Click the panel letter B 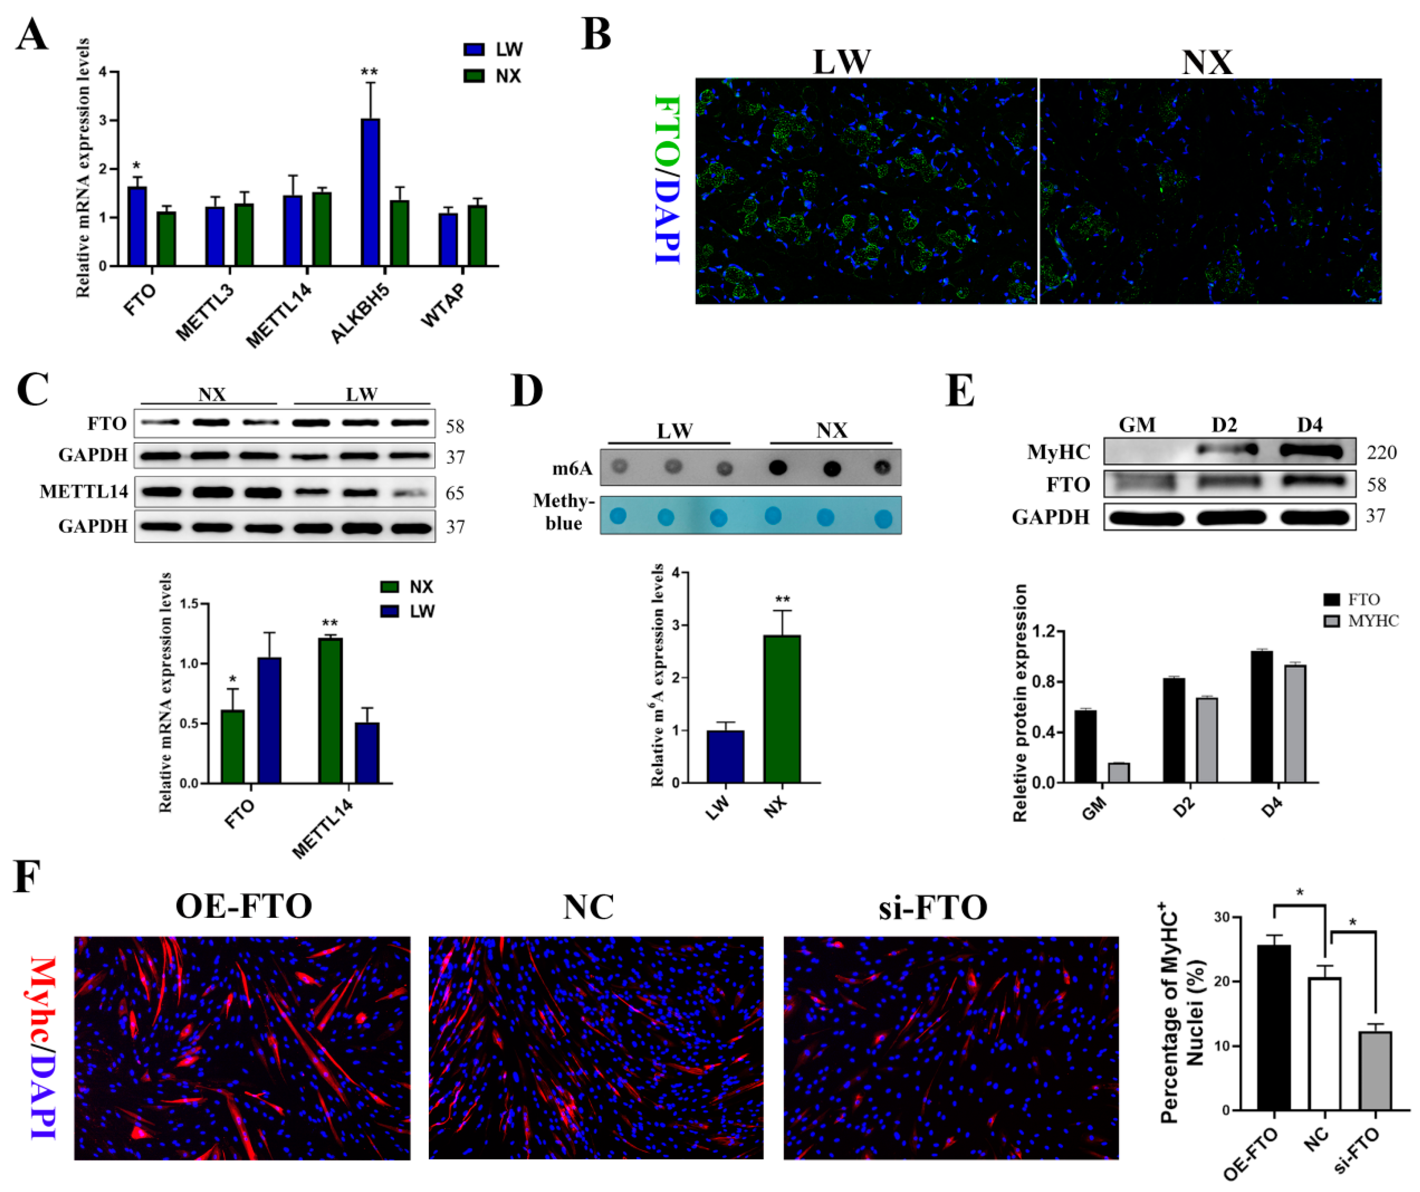(596, 35)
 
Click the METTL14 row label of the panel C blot (84, 491)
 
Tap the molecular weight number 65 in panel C (454, 493)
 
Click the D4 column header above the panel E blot (1309, 425)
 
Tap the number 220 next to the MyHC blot (1382, 452)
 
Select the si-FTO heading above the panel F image (933, 907)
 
